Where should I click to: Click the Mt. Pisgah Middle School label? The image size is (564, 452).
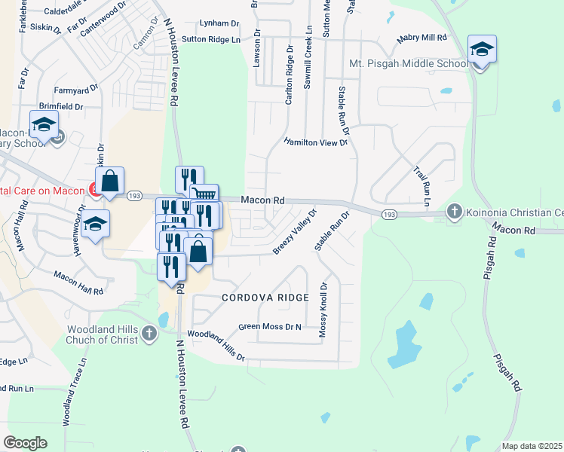point(408,63)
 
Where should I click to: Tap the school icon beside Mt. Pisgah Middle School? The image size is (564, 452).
point(482,50)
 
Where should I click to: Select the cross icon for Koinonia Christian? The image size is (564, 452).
point(454,212)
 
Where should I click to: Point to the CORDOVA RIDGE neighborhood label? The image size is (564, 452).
point(265,298)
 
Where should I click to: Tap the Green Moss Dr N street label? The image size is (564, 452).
point(269,327)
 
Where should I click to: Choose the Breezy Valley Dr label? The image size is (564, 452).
point(295,232)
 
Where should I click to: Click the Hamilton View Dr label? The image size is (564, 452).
point(316,142)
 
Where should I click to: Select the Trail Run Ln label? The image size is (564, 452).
point(421,187)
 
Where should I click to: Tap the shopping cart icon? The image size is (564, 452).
point(204,195)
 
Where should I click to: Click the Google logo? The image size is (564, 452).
point(25,442)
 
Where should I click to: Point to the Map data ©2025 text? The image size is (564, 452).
point(532,446)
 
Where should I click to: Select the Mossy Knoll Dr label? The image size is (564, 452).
point(324,309)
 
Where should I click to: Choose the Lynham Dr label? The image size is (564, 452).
point(219,23)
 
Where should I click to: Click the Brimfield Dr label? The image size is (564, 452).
point(61,107)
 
